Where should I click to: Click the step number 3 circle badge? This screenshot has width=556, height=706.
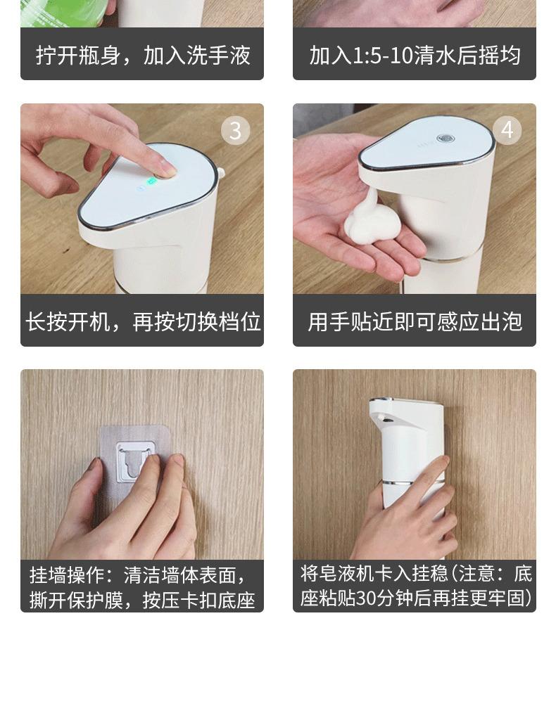click(x=235, y=131)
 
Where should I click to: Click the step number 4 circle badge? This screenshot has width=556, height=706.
click(x=507, y=130)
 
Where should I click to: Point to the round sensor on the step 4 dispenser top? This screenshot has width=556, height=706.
click(x=445, y=139)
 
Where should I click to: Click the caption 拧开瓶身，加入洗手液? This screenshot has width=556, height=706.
click(x=142, y=56)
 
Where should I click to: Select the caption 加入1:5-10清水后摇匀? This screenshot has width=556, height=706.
click(x=415, y=56)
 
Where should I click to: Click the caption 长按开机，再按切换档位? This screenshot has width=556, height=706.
click(x=142, y=321)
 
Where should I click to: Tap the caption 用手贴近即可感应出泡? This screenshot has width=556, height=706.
click(x=415, y=321)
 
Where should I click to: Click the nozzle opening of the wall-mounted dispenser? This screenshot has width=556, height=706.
click(x=384, y=418)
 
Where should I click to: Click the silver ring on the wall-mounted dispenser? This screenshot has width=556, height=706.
click(x=412, y=483)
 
